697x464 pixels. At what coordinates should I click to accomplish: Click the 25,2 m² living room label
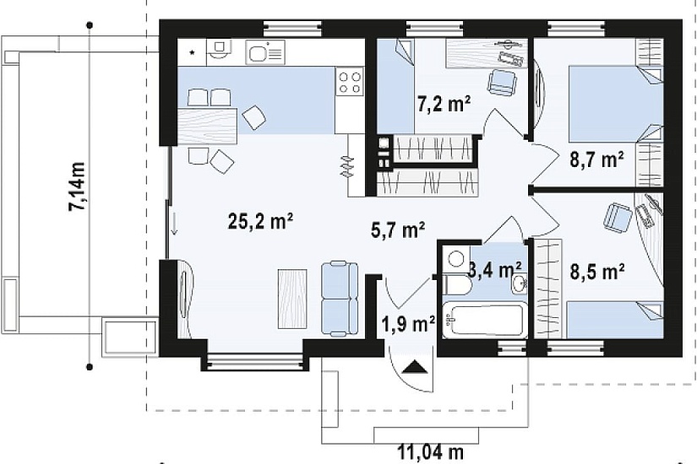(x=260, y=221)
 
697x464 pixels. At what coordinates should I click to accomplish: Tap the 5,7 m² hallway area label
(x=398, y=229)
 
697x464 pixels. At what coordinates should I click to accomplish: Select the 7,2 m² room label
(x=444, y=105)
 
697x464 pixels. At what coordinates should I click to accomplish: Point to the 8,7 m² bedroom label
(x=596, y=159)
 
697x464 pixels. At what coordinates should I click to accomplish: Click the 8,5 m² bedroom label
(x=597, y=272)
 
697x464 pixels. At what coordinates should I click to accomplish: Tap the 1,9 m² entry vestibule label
(x=408, y=324)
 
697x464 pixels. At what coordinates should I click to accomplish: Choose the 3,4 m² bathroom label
(x=495, y=269)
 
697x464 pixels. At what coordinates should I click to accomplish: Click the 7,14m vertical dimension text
(x=77, y=186)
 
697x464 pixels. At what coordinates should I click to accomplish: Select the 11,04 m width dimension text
(x=430, y=452)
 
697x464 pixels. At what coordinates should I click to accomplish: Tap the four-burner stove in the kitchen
(x=350, y=82)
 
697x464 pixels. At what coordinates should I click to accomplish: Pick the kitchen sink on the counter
(x=265, y=52)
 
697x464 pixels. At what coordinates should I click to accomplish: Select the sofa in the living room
(x=340, y=298)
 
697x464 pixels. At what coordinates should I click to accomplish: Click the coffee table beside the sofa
(x=292, y=299)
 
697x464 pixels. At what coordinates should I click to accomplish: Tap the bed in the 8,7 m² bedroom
(x=617, y=104)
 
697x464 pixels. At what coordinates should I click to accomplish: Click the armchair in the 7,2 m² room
(x=503, y=82)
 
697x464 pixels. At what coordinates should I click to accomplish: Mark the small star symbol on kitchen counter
(x=193, y=53)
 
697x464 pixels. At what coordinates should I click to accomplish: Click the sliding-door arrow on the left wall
(x=174, y=224)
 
